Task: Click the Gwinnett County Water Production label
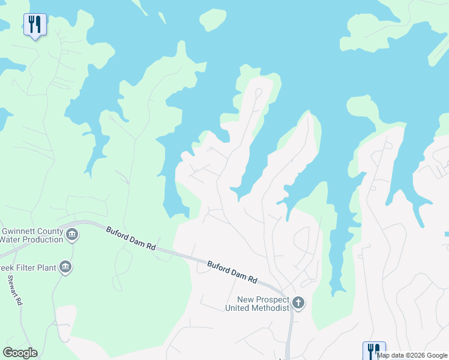click(x=31, y=235)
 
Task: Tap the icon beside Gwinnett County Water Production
click(x=72, y=234)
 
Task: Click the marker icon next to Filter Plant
click(x=65, y=268)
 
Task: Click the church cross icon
click(x=298, y=303)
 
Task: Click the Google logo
click(x=20, y=353)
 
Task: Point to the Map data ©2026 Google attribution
click(x=412, y=356)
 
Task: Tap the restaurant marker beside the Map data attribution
click(x=374, y=350)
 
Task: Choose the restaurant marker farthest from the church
click(x=35, y=25)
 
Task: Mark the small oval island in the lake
click(x=212, y=20)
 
